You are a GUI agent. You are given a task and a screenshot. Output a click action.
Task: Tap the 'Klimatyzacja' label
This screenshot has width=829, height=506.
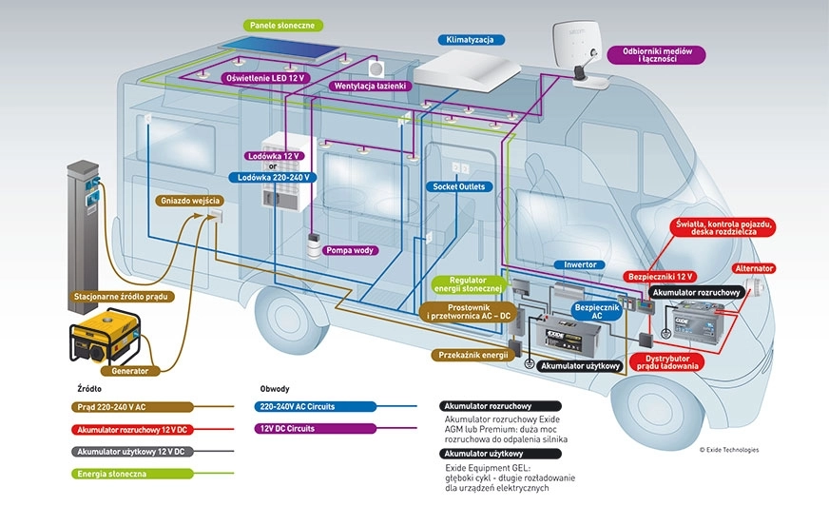pyautogui.click(x=470, y=40)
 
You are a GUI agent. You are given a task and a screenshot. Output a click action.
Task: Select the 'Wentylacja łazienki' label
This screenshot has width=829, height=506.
pyautogui.click(x=371, y=86)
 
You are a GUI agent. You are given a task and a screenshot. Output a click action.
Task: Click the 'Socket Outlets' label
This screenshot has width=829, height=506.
pyautogui.click(x=459, y=186)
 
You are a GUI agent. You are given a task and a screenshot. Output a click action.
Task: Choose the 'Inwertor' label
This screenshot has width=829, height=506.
pyautogui.click(x=579, y=265)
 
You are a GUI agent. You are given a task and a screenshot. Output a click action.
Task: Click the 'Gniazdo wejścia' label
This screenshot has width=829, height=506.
pyautogui.click(x=190, y=201)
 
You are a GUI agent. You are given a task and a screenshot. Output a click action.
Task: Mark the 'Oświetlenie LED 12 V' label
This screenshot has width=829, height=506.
pyautogui.click(x=263, y=77)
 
